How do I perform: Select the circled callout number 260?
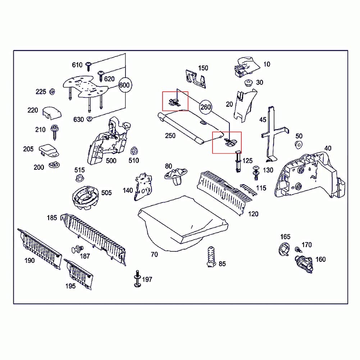[x=205, y=107]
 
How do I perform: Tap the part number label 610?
[x=77, y=65]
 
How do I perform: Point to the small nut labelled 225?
[x=52, y=92]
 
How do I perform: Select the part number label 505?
[x=106, y=193]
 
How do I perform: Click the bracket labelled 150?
[x=196, y=78]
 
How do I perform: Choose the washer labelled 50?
[x=298, y=145]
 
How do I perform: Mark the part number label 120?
[x=253, y=214]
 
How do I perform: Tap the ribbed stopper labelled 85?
[x=210, y=257]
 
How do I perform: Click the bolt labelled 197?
[x=137, y=279]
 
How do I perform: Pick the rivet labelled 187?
[x=77, y=249]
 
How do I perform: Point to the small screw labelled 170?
[x=298, y=249]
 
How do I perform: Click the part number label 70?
[x=154, y=255]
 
